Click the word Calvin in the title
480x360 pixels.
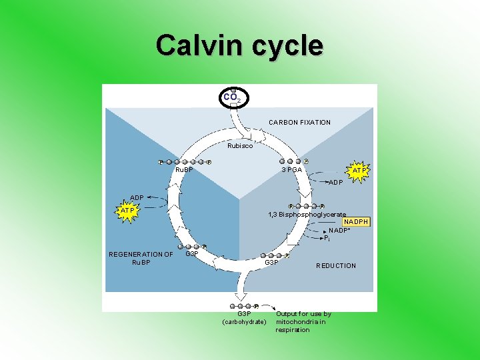tap(199, 46)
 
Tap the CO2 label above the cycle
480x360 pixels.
tap(233, 97)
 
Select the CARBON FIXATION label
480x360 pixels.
tap(299, 123)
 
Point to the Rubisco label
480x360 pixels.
tap(240, 146)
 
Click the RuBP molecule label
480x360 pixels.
tap(183, 169)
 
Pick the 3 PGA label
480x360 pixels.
tap(291, 169)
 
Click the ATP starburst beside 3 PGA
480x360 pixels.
tap(359, 170)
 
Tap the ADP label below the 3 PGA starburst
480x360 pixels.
tap(336, 182)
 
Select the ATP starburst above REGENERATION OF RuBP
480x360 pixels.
tap(127, 211)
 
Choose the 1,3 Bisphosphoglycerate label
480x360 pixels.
tap(307, 214)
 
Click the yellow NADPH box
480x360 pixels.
tap(356, 221)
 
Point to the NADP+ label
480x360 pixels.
tap(339, 231)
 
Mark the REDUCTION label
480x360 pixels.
tap(336, 266)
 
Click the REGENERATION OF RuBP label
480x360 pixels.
tap(141, 258)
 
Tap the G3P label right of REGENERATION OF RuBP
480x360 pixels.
tap(192, 254)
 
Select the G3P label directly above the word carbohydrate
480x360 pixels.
tap(244, 313)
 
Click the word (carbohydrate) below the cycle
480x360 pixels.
tap(244, 322)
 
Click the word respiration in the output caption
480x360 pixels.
tap(293, 330)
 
